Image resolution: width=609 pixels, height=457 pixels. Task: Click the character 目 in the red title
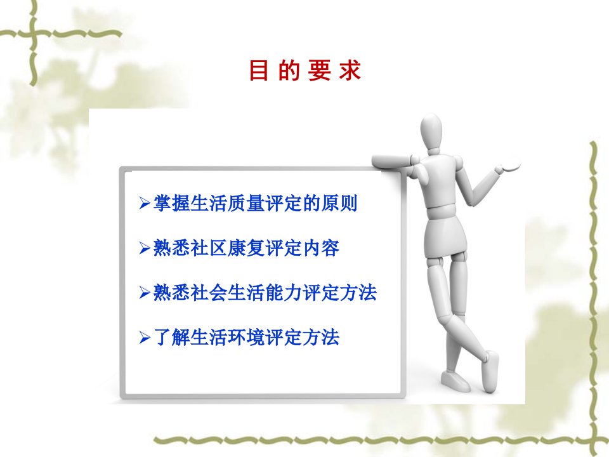point(259,70)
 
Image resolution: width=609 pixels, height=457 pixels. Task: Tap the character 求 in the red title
point(350,70)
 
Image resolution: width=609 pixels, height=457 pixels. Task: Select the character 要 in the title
point(319,70)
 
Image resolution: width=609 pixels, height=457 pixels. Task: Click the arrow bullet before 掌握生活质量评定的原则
point(145,203)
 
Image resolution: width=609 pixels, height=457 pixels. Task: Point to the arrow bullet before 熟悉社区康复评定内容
point(145,248)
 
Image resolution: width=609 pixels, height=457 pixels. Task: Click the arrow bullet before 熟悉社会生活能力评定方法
point(145,293)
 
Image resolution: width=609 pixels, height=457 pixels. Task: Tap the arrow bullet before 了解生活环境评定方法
point(145,337)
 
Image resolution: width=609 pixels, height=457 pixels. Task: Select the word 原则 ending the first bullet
point(339,203)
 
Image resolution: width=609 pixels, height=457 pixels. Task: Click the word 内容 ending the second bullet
point(321,248)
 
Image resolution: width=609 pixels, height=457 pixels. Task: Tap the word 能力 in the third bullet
point(284,293)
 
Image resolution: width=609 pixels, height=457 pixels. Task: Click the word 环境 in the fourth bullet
point(246,337)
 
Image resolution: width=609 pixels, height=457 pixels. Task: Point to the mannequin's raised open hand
point(506,167)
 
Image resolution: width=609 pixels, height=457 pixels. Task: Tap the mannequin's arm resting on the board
point(391,161)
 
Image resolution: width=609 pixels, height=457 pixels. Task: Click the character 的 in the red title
point(289,70)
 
